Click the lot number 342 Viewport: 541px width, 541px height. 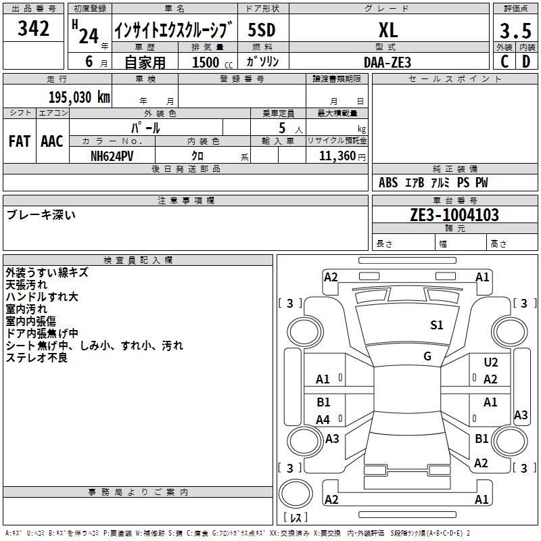click(34, 29)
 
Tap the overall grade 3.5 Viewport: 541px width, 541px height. click(515, 31)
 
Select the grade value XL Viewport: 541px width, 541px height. click(387, 30)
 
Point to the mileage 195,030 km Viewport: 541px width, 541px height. click(79, 97)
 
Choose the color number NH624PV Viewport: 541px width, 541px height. click(112, 155)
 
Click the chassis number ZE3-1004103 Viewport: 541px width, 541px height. click(454, 215)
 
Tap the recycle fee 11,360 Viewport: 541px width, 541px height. click(333, 156)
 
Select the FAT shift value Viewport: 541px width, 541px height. click(19, 141)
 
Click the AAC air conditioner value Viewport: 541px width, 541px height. click(51, 141)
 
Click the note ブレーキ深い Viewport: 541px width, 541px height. click(41, 215)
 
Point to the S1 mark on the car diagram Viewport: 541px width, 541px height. click(437, 325)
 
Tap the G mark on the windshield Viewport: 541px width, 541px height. click(427, 356)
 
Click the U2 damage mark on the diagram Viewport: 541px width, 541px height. click(491, 363)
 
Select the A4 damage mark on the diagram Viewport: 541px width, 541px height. click(323, 420)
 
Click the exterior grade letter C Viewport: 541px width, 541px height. click(504, 62)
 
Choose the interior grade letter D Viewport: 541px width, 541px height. click(526, 62)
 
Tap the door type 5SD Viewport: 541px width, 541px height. click(262, 30)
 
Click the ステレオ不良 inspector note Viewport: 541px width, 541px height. click(37, 358)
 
